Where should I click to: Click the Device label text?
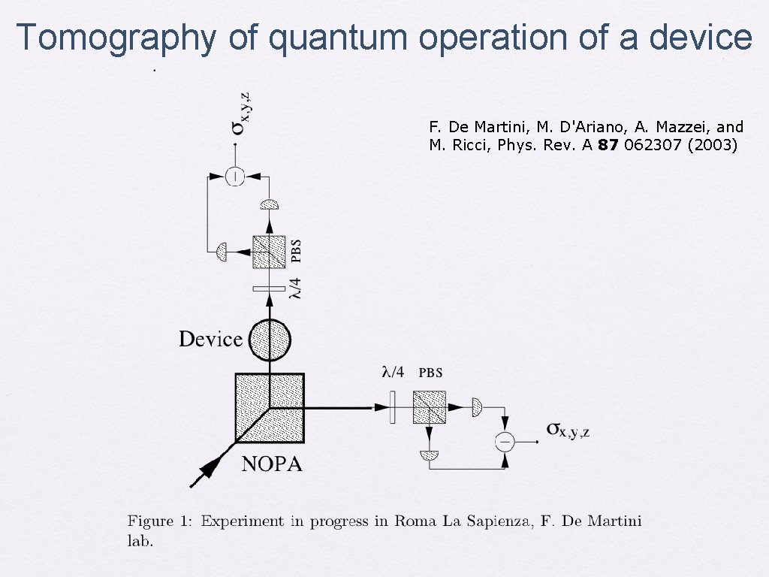210,339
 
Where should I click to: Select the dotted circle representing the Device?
270,340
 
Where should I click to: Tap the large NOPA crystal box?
270,408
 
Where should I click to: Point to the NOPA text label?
272,464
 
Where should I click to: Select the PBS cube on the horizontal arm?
429,408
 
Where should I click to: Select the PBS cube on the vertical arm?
269,252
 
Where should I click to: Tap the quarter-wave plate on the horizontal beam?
392,408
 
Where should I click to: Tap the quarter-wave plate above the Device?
269,288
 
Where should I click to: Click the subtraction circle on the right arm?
505,441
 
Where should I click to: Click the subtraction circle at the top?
235,177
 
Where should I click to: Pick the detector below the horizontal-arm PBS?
430,455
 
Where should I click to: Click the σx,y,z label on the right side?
568,430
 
